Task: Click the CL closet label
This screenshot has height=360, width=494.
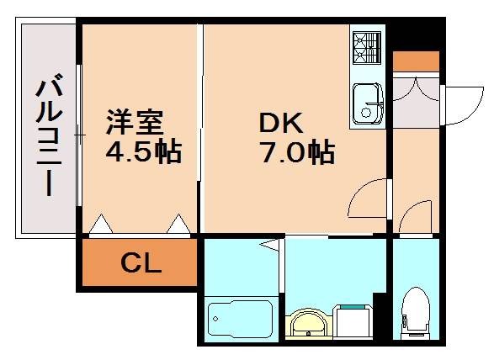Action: point(141,263)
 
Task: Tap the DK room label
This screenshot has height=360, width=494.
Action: point(281,123)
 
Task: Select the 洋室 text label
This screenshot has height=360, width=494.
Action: point(135,122)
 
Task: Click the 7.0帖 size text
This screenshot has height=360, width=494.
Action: point(298,151)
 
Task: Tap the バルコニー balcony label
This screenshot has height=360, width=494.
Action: point(49,135)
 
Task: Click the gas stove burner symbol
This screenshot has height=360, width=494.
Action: point(367,48)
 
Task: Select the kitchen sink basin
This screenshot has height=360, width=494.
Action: point(368,103)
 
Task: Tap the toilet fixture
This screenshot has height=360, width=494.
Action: point(416,313)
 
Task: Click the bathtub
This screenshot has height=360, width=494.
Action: point(241,319)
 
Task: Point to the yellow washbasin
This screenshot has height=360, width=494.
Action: point(309,324)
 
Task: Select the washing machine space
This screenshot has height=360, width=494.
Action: point(353,321)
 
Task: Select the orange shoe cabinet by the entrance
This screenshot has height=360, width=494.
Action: point(416,61)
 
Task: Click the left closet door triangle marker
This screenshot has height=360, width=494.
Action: point(101,224)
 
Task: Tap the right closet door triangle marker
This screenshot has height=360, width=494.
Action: point(178,224)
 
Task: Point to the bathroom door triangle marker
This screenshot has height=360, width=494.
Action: point(270,245)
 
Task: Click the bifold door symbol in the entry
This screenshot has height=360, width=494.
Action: point(416,89)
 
